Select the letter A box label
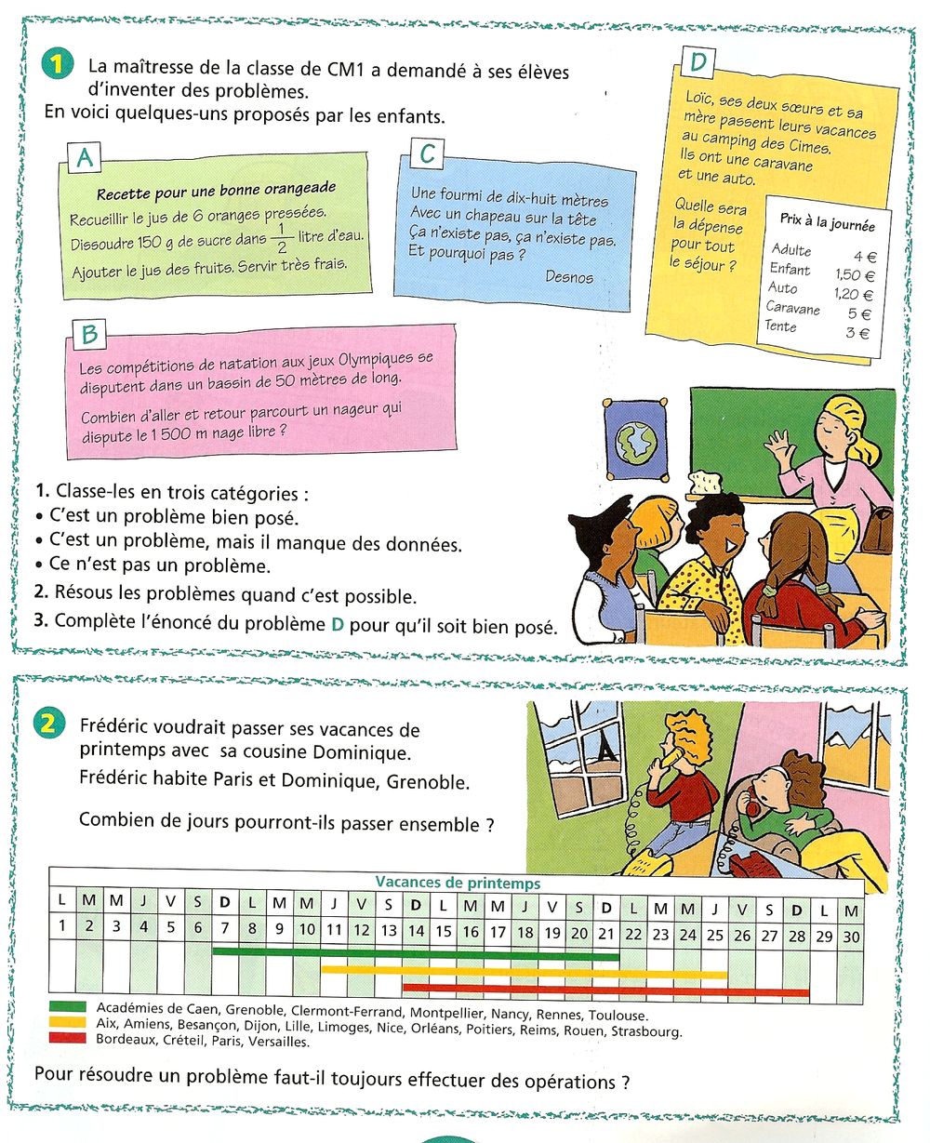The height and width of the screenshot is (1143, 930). pyautogui.click(x=85, y=158)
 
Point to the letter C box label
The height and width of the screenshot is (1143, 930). pyautogui.click(x=427, y=153)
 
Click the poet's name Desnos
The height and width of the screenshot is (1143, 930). pyautogui.click(x=568, y=276)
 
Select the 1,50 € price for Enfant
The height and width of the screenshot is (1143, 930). pyautogui.click(x=855, y=275)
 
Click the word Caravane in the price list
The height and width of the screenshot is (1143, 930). pyautogui.click(x=792, y=308)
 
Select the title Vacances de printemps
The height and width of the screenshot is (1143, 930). pyautogui.click(x=458, y=883)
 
